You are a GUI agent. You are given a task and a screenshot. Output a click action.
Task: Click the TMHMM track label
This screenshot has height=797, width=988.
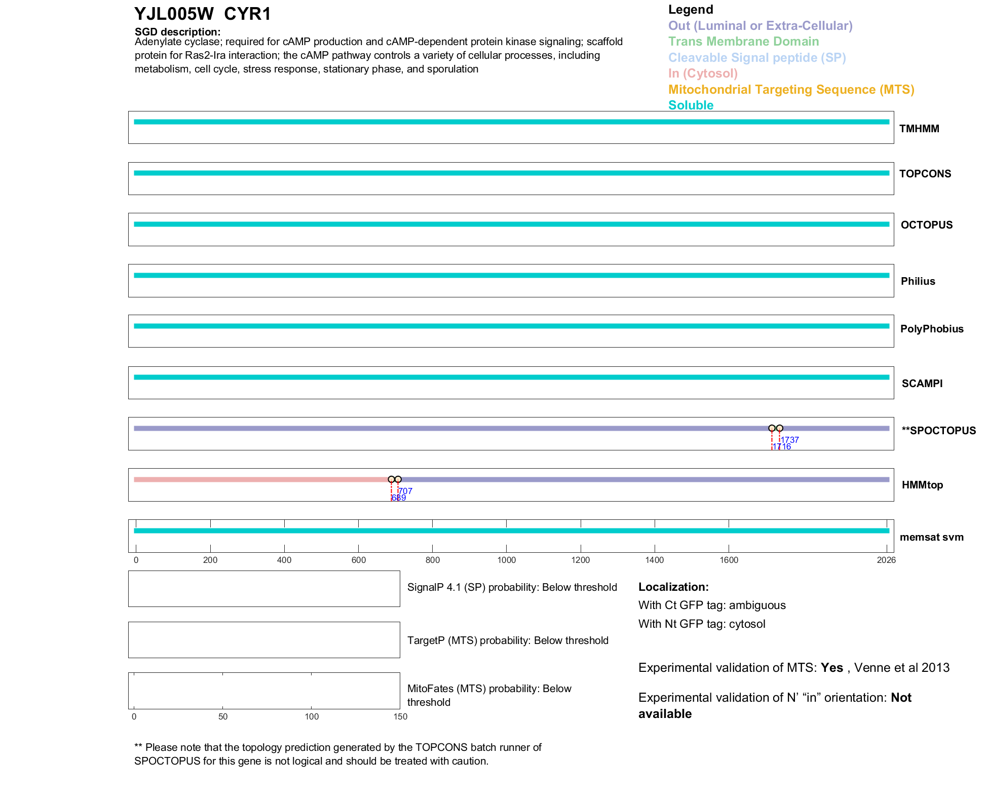919,129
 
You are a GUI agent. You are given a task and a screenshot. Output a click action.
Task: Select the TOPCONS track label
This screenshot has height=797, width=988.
925,174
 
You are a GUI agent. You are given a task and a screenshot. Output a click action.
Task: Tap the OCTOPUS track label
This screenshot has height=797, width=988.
926,225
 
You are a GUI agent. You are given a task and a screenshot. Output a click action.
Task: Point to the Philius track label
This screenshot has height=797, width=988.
918,281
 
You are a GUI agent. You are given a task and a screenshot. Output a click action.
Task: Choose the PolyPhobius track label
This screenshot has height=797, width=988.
931,329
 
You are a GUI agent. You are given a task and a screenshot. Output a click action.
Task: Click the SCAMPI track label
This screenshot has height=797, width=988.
922,384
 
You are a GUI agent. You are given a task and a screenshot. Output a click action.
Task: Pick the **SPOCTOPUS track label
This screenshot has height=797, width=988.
938,431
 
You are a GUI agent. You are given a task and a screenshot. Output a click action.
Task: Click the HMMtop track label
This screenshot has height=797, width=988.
922,485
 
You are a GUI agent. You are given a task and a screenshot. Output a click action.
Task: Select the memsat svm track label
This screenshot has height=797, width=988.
931,537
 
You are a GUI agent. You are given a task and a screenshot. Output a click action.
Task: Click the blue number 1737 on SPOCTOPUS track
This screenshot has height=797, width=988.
790,440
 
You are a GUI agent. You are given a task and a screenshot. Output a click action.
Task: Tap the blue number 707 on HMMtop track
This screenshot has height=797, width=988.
405,491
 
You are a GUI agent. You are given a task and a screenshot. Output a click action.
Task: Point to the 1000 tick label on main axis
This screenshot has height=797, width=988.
506,560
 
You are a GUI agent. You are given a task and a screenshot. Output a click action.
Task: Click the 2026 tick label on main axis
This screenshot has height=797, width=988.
886,560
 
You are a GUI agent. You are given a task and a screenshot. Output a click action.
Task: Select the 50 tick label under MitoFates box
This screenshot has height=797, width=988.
223,716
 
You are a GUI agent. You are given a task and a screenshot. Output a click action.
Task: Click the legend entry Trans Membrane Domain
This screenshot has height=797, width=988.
743,42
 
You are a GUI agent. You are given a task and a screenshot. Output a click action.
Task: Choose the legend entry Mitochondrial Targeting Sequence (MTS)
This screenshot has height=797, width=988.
791,90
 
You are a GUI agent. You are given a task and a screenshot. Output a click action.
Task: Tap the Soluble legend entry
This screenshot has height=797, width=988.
691,105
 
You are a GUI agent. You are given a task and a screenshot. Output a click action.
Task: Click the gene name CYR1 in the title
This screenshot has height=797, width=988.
247,14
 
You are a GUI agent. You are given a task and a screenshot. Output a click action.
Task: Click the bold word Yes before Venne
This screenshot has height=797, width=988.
831,668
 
